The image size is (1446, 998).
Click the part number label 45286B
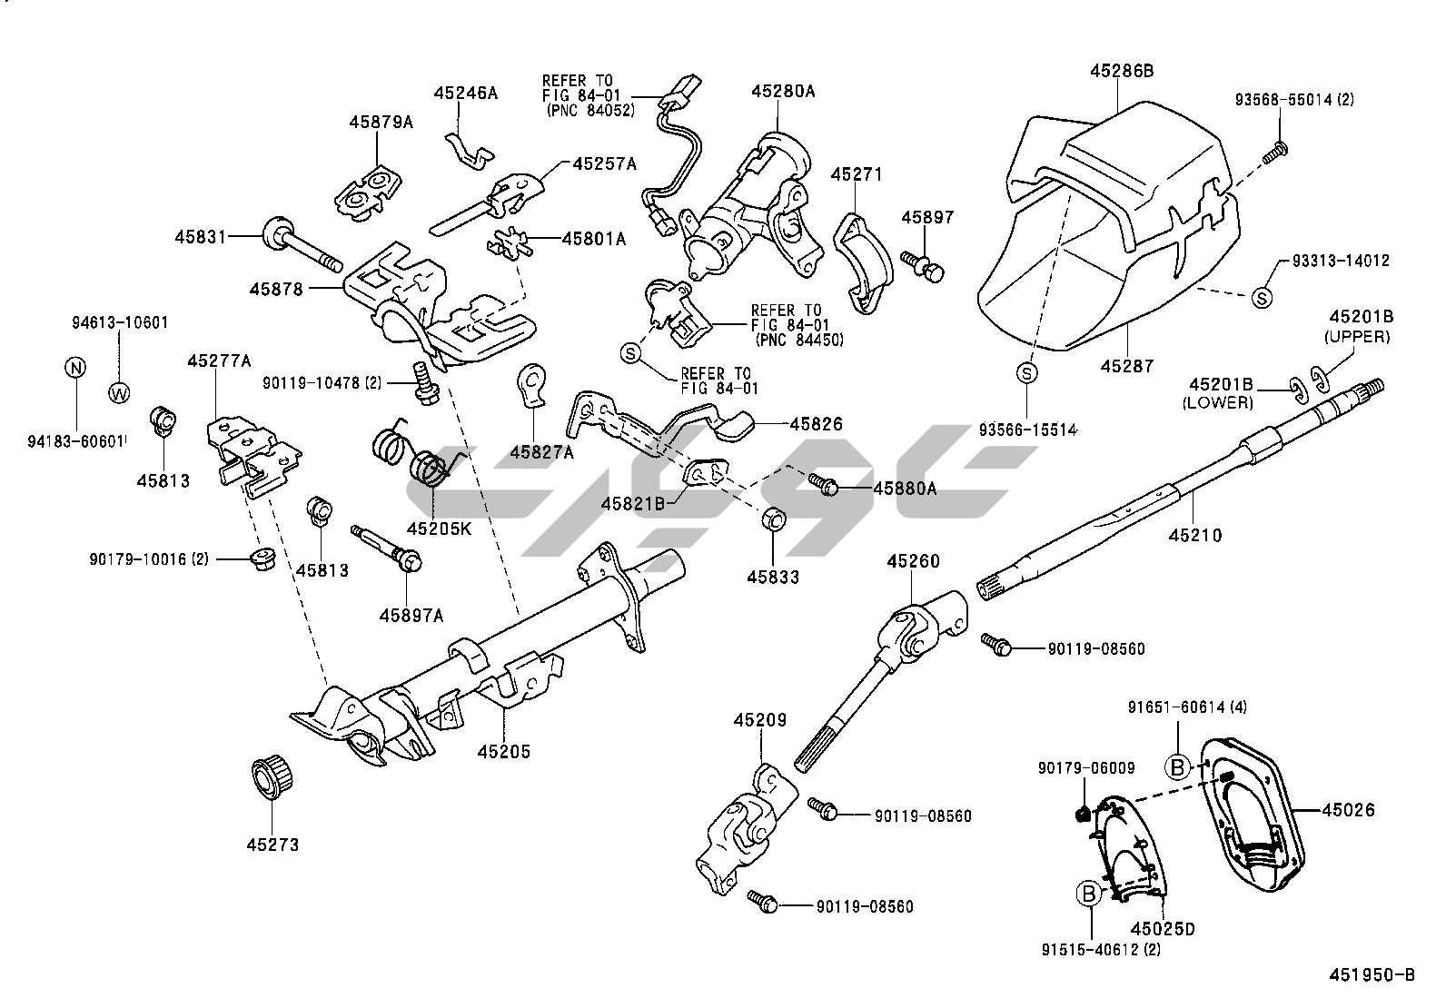pyautogui.click(x=1122, y=71)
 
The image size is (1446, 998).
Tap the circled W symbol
pyautogui.click(x=119, y=393)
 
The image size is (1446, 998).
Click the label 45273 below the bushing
pyautogui.click(x=272, y=845)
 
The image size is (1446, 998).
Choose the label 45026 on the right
pyautogui.click(x=1348, y=810)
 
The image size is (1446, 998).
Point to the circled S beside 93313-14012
pyautogui.click(x=1263, y=296)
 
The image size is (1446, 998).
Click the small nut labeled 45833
pyautogui.click(x=773, y=521)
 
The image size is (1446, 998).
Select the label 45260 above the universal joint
pyautogui.click(x=913, y=561)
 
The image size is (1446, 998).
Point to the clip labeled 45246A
pyautogui.click(x=470, y=148)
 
